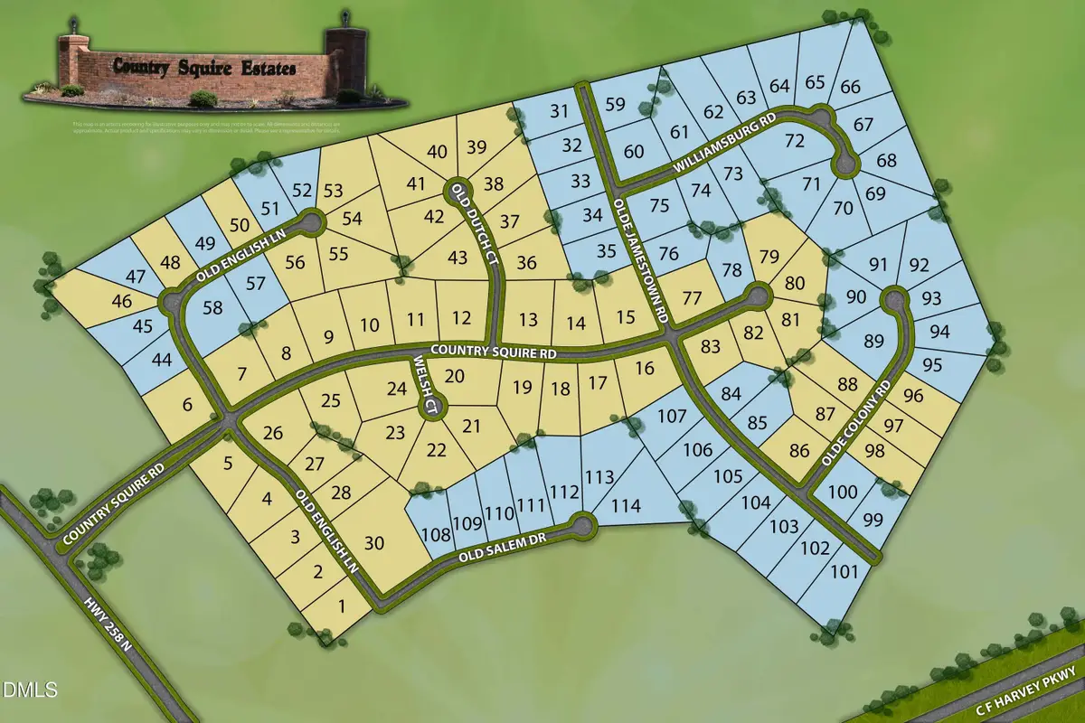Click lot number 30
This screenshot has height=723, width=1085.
pyautogui.click(x=375, y=543)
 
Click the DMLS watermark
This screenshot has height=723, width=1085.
pyautogui.click(x=30, y=690)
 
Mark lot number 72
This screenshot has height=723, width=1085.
pyautogui.click(x=795, y=141)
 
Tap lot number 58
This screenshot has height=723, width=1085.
pyautogui.click(x=213, y=307)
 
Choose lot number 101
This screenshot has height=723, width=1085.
pyautogui.click(x=844, y=571)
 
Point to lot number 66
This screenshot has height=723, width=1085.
pyautogui.click(x=850, y=87)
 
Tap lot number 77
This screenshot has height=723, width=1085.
pyautogui.click(x=693, y=299)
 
